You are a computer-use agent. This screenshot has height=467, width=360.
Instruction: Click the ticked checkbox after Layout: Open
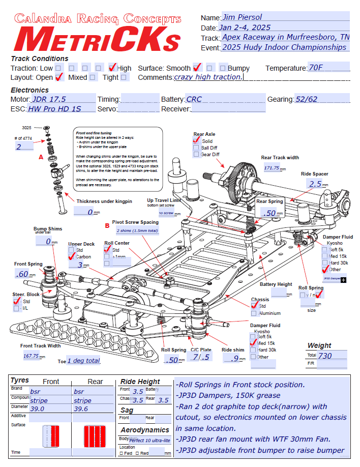pyautogui.click(x=59, y=77)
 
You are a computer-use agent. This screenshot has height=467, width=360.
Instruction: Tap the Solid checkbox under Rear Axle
pyautogui.click(x=196, y=141)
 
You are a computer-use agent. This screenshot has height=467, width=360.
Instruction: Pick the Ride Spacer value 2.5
pyautogui.click(x=316, y=184)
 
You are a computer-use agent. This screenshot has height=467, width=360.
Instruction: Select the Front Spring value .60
pyautogui.click(x=22, y=274)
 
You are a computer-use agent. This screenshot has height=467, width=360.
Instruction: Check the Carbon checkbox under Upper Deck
pyautogui.click(x=72, y=257)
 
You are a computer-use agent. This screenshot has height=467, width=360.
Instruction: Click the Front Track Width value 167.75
pyautogui.click(x=32, y=356)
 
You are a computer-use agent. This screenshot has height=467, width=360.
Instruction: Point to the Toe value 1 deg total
pyautogui.click(x=83, y=361)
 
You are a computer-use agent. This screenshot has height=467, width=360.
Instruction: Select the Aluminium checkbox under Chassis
pyautogui.click(x=254, y=313)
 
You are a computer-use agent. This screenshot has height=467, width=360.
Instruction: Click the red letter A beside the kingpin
pyautogui.click(x=41, y=158)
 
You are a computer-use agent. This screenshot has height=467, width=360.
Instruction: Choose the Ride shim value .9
pyautogui.click(x=233, y=359)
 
